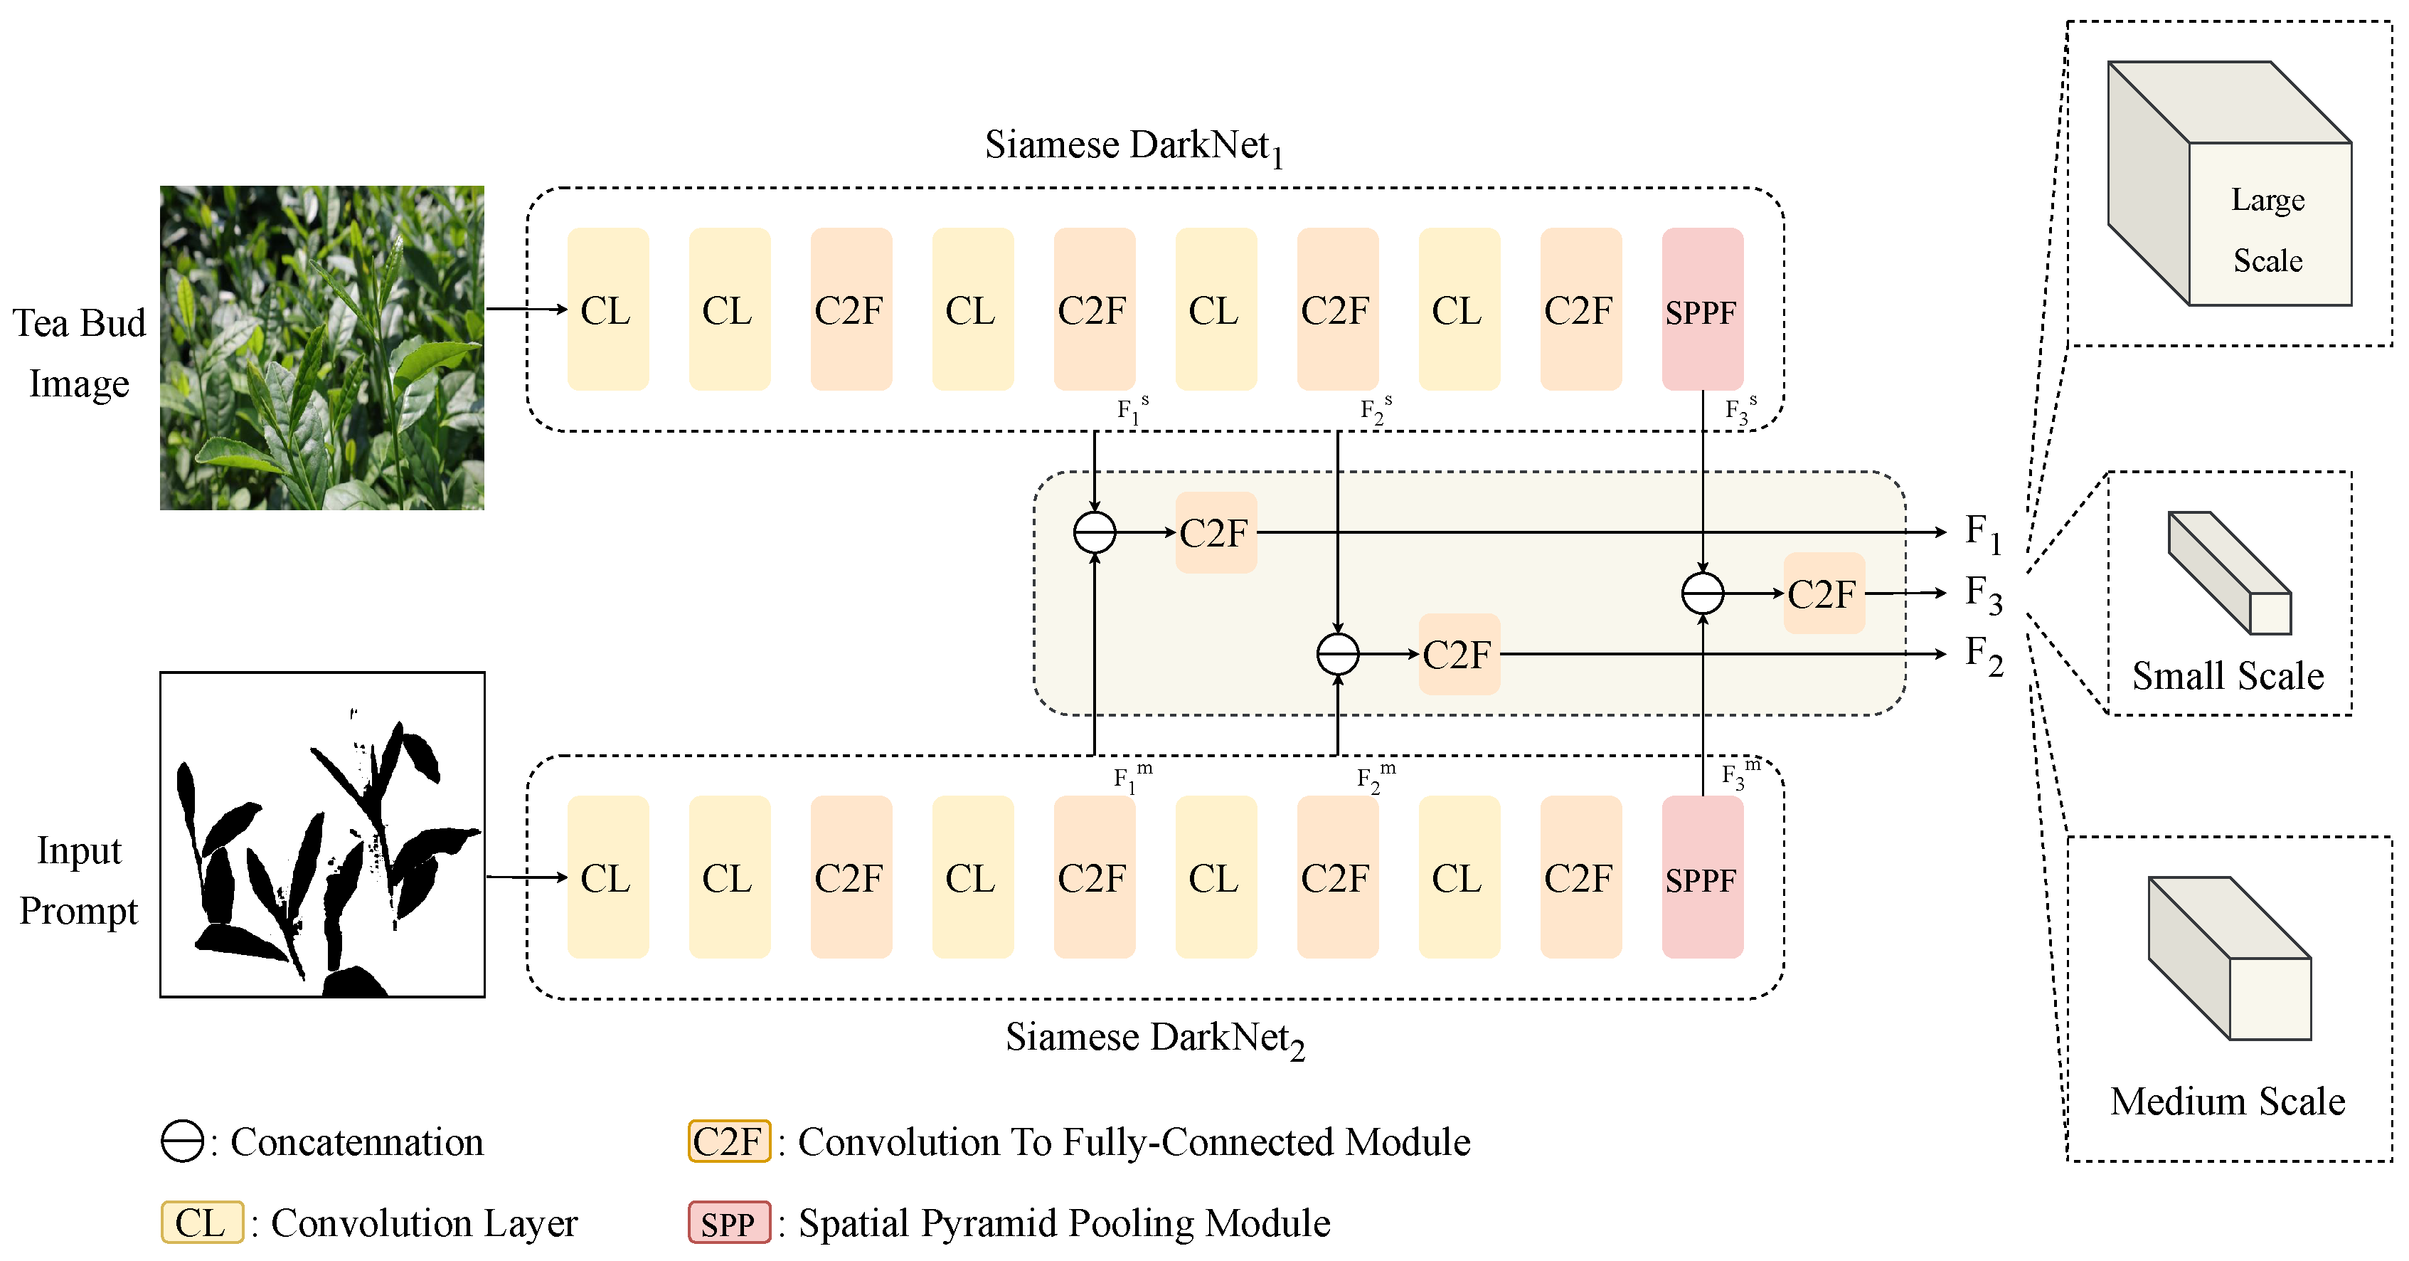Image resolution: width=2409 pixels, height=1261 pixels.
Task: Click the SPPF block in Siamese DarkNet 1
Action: pyautogui.click(x=1702, y=309)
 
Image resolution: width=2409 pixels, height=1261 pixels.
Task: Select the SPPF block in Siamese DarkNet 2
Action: pyautogui.click(x=1702, y=877)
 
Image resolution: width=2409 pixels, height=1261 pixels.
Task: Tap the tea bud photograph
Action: pyautogui.click(x=321, y=347)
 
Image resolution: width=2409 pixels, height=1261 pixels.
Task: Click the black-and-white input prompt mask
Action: pyautogui.click(x=321, y=835)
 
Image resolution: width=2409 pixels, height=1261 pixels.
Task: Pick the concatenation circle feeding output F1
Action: pyautogui.click(x=1094, y=532)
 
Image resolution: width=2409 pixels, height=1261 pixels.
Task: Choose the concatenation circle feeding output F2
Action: pyautogui.click(x=1337, y=654)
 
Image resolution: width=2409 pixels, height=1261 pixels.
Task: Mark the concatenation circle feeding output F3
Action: pyautogui.click(x=1702, y=593)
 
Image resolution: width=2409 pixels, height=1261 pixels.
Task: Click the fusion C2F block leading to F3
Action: pyautogui.click(x=1824, y=593)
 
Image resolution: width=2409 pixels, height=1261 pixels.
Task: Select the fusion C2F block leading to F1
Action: pyautogui.click(x=1216, y=532)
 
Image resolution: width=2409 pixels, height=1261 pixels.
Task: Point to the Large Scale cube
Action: pyautogui.click(x=2230, y=184)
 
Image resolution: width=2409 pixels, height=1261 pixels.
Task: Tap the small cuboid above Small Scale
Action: pyautogui.click(x=2230, y=572)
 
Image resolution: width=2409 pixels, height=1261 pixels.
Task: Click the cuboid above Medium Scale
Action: pyautogui.click(x=2230, y=958)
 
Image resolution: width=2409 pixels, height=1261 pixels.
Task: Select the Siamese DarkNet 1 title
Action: pyautogui.click(x=1134, y=147)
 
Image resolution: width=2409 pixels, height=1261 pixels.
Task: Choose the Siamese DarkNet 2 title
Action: pyautogui.click(x=1155, y=1038)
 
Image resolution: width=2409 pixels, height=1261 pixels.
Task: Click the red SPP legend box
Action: pyautogui.click(x=730, y=1223)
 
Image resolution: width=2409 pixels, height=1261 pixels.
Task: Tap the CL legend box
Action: pyautogui.click(x=202, y=1223)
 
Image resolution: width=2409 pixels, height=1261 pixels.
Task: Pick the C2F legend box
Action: pyautogui.click(x=730, y=1141)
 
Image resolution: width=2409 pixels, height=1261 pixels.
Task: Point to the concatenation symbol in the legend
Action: pyautogui.click(x=182, y=1141)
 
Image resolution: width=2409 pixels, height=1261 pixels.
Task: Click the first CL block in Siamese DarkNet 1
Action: pyautogui.click(x=608, y=309)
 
